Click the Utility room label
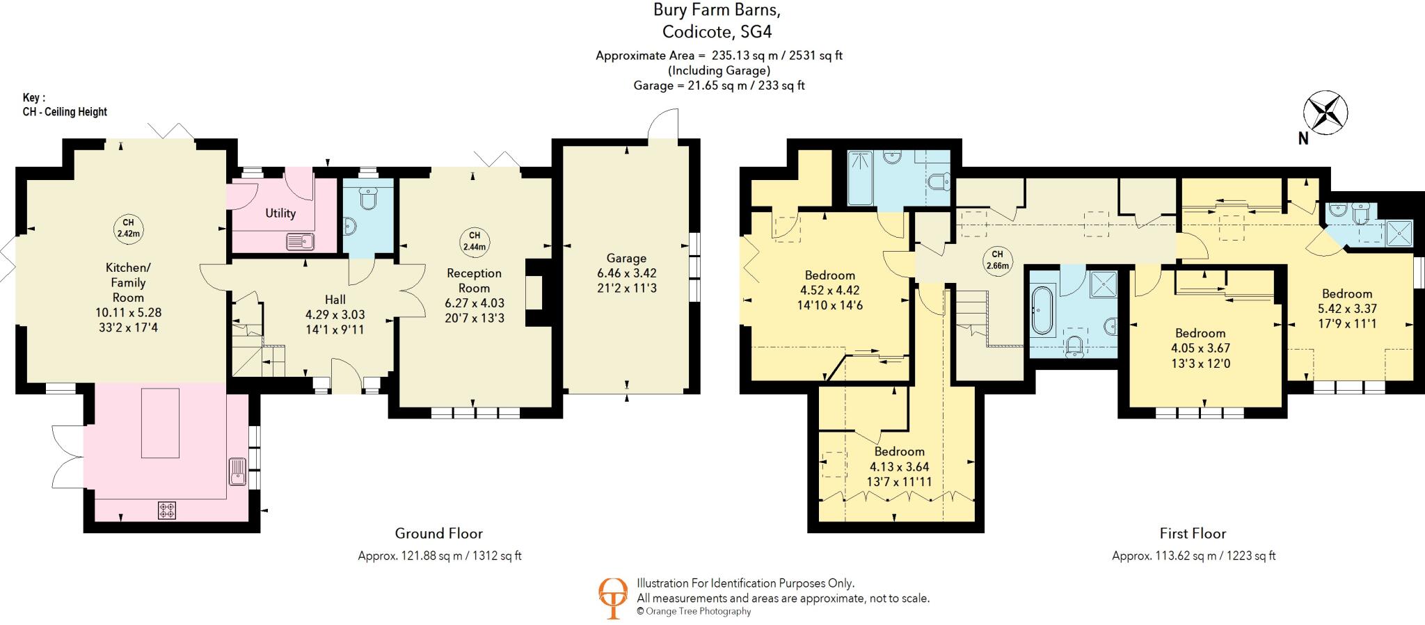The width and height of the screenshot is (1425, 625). point(280,213)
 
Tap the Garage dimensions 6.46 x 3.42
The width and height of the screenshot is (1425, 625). point(626,273)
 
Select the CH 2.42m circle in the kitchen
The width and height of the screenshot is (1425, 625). point(128,228)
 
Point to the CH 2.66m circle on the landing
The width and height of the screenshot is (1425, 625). point(997,259)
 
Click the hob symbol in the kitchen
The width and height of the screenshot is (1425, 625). point(167,511)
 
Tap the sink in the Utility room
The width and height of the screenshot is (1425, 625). point(301,242)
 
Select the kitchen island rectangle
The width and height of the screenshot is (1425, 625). point(160,423)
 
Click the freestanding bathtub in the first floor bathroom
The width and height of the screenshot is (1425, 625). point(1042,311)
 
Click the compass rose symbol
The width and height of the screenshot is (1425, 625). point(1326,113)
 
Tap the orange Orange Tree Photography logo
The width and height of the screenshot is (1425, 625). point(613,597)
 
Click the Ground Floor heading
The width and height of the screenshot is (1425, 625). point(438,533)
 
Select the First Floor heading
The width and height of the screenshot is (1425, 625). point(1193,533)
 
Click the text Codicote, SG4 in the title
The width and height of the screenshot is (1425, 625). point(717,32)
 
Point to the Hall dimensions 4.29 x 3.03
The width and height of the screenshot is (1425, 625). point(335,315)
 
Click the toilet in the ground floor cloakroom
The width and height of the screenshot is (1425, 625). point(368,200)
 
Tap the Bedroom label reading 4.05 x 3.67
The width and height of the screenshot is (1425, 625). point(1200,348)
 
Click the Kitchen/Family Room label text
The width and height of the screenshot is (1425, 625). point(128,282)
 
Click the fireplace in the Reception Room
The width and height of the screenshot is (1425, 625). point(535,292)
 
